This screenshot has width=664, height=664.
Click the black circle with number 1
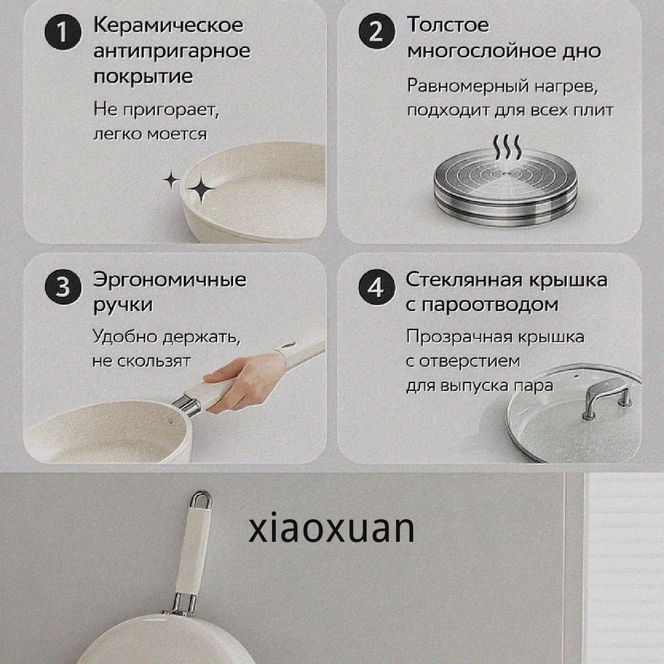click(63, 34)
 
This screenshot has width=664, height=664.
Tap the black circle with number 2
click(377, 34)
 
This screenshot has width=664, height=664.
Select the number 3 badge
click(63, 288)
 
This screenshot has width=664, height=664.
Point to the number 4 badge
click(377, 288)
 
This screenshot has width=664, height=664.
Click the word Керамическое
click(168, 25)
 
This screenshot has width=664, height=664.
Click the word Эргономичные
click(170, 280)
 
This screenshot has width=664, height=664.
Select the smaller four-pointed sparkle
click(172, 179)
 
